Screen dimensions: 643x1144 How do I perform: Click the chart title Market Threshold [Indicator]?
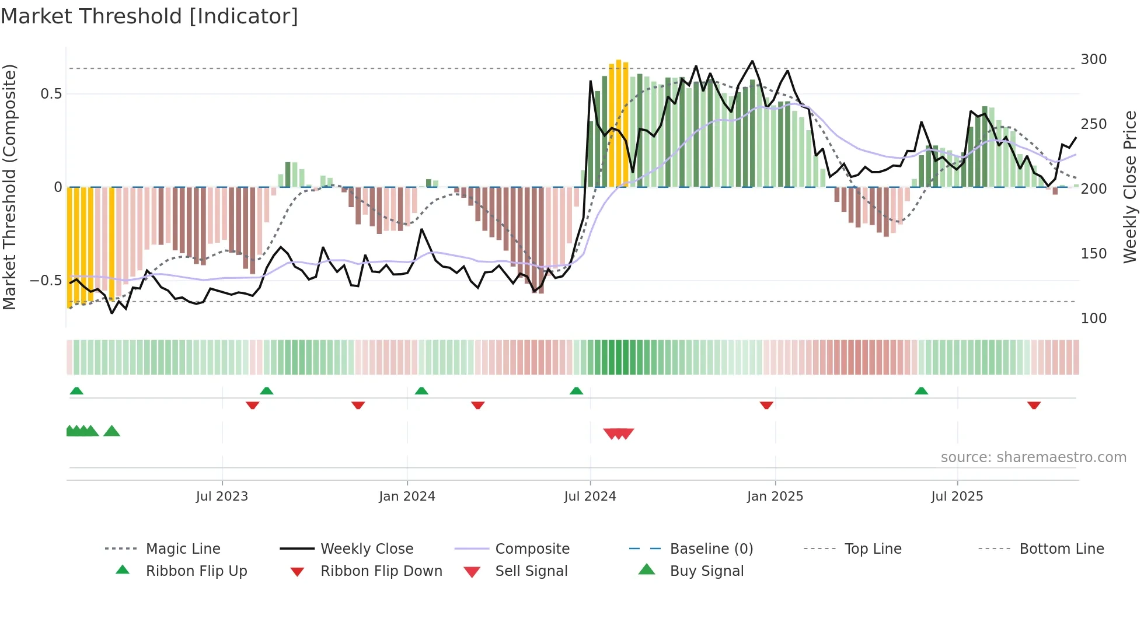(x=149, y=16)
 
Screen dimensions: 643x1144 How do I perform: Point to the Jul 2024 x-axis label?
(x=590, y=497)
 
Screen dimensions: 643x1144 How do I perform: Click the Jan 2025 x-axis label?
(x=775, y=497)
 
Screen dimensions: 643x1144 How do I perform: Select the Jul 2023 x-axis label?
(x=222, y=497)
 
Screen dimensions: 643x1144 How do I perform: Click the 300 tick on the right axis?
(x=1093, y=60)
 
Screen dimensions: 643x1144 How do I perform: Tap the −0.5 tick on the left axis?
(x=46, y=281)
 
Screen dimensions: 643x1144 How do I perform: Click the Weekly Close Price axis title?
(x=1130, y=187)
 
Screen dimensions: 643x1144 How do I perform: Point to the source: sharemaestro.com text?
(x=1033, y=457)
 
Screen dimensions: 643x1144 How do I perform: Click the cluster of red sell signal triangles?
(x=618, y=434)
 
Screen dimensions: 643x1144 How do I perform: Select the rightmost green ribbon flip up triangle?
(x=921, y=391)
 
